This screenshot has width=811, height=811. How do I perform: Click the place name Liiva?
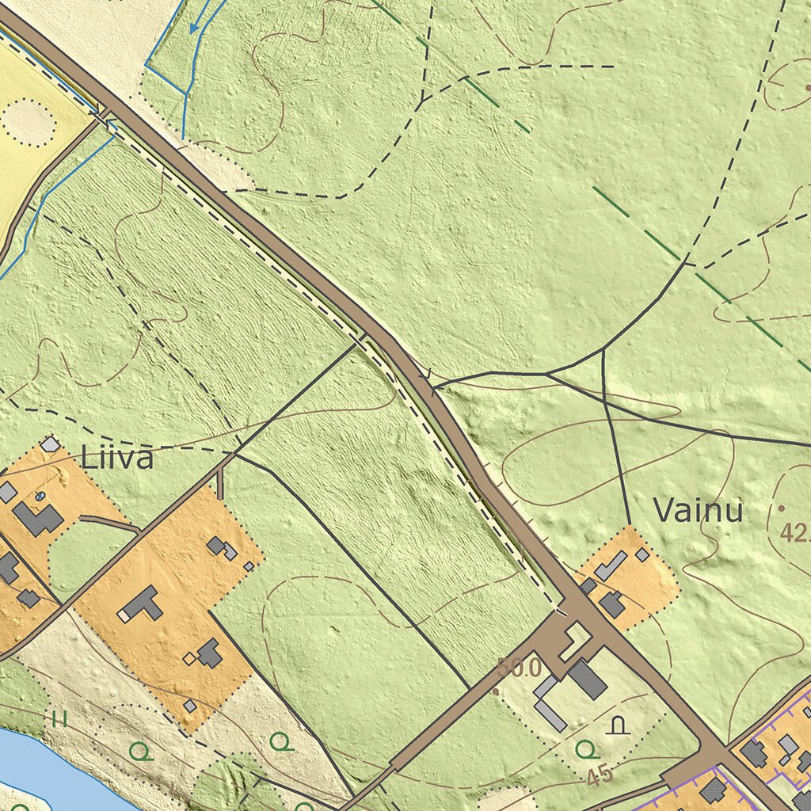coord(116,458)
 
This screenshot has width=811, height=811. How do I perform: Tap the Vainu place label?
coord(698,511)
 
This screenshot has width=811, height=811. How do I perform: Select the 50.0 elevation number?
coord(520,668)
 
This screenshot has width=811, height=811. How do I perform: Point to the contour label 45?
coord(600,775)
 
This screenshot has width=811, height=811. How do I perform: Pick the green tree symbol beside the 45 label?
coord(584,748)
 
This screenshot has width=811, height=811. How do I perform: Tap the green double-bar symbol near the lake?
coord(58,719)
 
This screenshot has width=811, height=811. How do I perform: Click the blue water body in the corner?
coord(40,768)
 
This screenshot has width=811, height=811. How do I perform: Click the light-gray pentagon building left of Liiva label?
coord(51,444)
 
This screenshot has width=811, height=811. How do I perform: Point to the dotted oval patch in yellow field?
coord(29,122)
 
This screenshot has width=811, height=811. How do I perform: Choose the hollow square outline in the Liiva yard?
coord(189,658)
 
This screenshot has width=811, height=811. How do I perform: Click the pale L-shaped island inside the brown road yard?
coord(575,640)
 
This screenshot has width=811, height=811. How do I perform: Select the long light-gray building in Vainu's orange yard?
coord(610,565)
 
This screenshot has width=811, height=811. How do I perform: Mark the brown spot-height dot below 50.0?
coord(496,691)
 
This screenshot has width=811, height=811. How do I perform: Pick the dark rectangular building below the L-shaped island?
coord(588,680)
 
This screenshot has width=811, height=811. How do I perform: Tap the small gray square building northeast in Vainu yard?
coord(642,555)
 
